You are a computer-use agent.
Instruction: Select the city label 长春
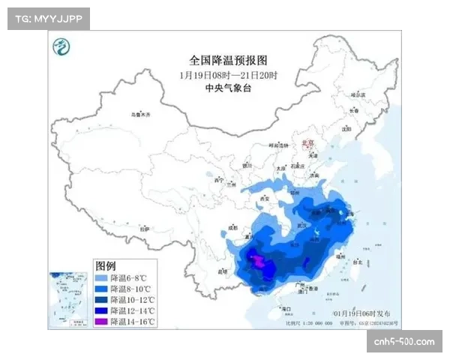pyautogui.click(x=354, y=111)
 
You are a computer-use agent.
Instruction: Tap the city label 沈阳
pyautogui.click(x=346, y=128)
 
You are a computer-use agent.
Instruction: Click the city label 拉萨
pyautogui.click(x=145, y=228)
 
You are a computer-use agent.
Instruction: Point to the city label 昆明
pyautogui.click(x=222, y=270)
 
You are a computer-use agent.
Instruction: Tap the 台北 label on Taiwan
pyautogui.click(x=357, y=262)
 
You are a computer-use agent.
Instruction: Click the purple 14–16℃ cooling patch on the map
pyautogui.click(x=258, y=262)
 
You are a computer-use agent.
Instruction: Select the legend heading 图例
pyautogui.click(x=106, y=266)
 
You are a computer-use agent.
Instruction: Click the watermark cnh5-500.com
pyautogui.click(x=404, y=342)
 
